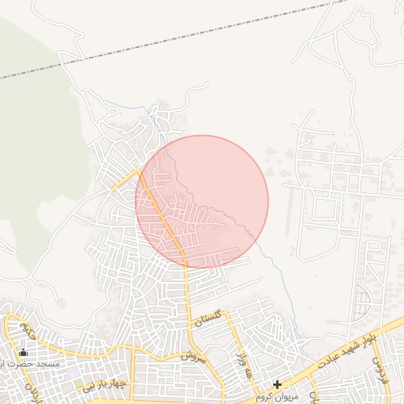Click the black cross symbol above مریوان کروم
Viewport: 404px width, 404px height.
(x=277, y=384)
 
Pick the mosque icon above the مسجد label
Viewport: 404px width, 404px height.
(x=23, y=353)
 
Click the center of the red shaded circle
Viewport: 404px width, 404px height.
(x=202, y=201)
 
